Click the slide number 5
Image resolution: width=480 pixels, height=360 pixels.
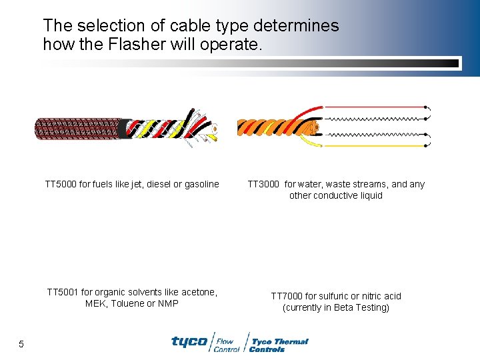click(21, 344)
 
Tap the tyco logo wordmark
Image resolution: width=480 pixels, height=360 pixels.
click(189, 341)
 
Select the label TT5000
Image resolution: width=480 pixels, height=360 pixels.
click(61, 184)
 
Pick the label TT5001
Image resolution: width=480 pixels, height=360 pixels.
click(63, 292)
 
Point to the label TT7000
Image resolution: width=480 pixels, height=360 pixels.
click(287, 296)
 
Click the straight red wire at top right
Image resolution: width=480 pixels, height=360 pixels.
click(387, 107)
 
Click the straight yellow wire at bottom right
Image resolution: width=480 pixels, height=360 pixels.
click(387, 145)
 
